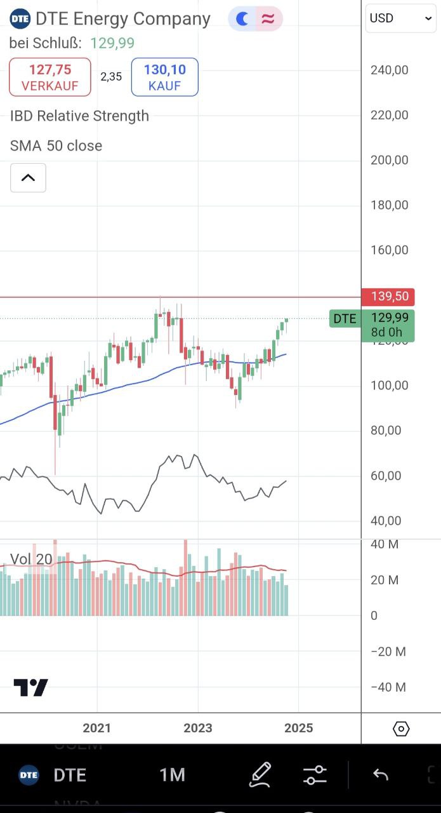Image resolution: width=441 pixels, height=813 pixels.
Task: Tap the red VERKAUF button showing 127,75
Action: click(x=50, y=77)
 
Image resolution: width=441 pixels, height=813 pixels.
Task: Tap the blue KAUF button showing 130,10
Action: click(x=164, y=77)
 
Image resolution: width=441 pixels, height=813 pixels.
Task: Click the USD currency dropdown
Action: click(x=400, y=18)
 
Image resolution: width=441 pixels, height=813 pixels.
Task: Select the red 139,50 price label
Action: click(x=388, y=297)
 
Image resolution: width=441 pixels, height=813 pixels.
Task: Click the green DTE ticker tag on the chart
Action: click(x=345, y=318)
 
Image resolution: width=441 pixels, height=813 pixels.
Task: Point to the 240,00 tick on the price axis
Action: click(x=390, y=70)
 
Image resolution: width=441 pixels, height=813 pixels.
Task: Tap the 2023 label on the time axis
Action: click(x=198, y=728)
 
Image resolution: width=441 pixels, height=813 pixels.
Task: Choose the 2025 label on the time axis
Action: click(x=298, y=728)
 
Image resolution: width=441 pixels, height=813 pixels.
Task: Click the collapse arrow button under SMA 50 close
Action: click(x=28, y=178)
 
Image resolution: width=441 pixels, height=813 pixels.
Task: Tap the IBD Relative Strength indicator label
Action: click(x=79, y=116)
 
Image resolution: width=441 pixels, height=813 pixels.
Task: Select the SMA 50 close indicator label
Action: click(x=56, y=145)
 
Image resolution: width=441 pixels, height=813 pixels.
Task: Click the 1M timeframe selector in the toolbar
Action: click(x=172, y=775)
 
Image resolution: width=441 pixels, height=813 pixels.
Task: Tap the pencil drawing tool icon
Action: click(x=260, y=774)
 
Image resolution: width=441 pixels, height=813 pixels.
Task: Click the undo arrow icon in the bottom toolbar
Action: click(x=381, y=774)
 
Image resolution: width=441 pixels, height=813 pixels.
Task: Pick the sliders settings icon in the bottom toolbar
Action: click(x=315, y=774)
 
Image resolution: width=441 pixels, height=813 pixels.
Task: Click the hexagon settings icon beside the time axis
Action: click(x=401, y=729)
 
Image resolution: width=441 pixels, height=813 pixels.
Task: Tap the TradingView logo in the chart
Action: click(x=30, y=688)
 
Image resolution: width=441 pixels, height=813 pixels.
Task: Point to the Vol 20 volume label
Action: click(x=31, y=559)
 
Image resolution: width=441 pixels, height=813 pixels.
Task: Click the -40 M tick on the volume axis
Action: click(x=388, y=687)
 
